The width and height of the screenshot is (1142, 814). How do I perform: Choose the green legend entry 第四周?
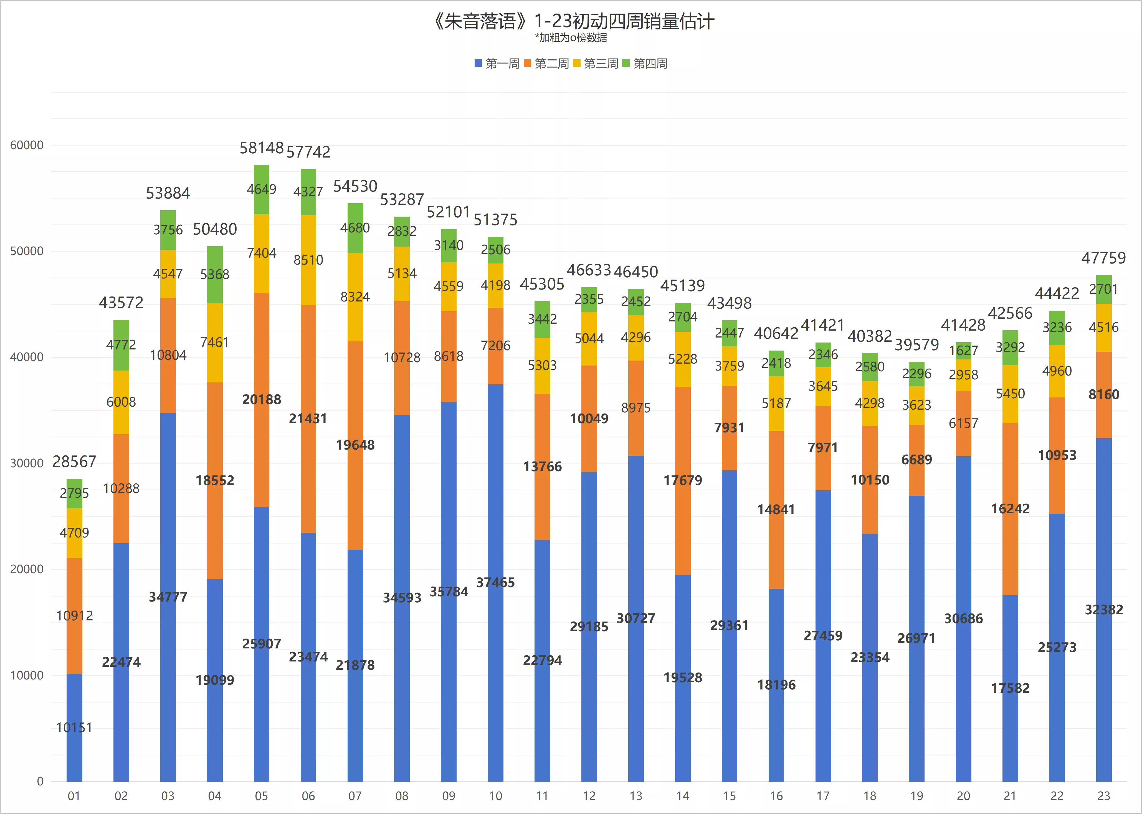645,64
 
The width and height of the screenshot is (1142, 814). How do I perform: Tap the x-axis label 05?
261,796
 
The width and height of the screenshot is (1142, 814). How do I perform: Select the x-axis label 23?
1104,796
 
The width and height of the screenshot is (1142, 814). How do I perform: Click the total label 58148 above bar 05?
262,148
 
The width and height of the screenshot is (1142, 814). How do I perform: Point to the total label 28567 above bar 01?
74,461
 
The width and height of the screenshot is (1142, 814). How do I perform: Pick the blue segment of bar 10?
495,583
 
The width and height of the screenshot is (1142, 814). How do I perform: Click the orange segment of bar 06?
308,419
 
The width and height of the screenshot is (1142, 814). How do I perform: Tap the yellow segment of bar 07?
355,297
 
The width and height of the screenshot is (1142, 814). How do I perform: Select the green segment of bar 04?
215,275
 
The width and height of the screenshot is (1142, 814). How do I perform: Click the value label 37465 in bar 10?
495,582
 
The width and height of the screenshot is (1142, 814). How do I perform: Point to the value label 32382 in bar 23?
1104,610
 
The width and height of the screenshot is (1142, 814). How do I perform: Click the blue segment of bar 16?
776,685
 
